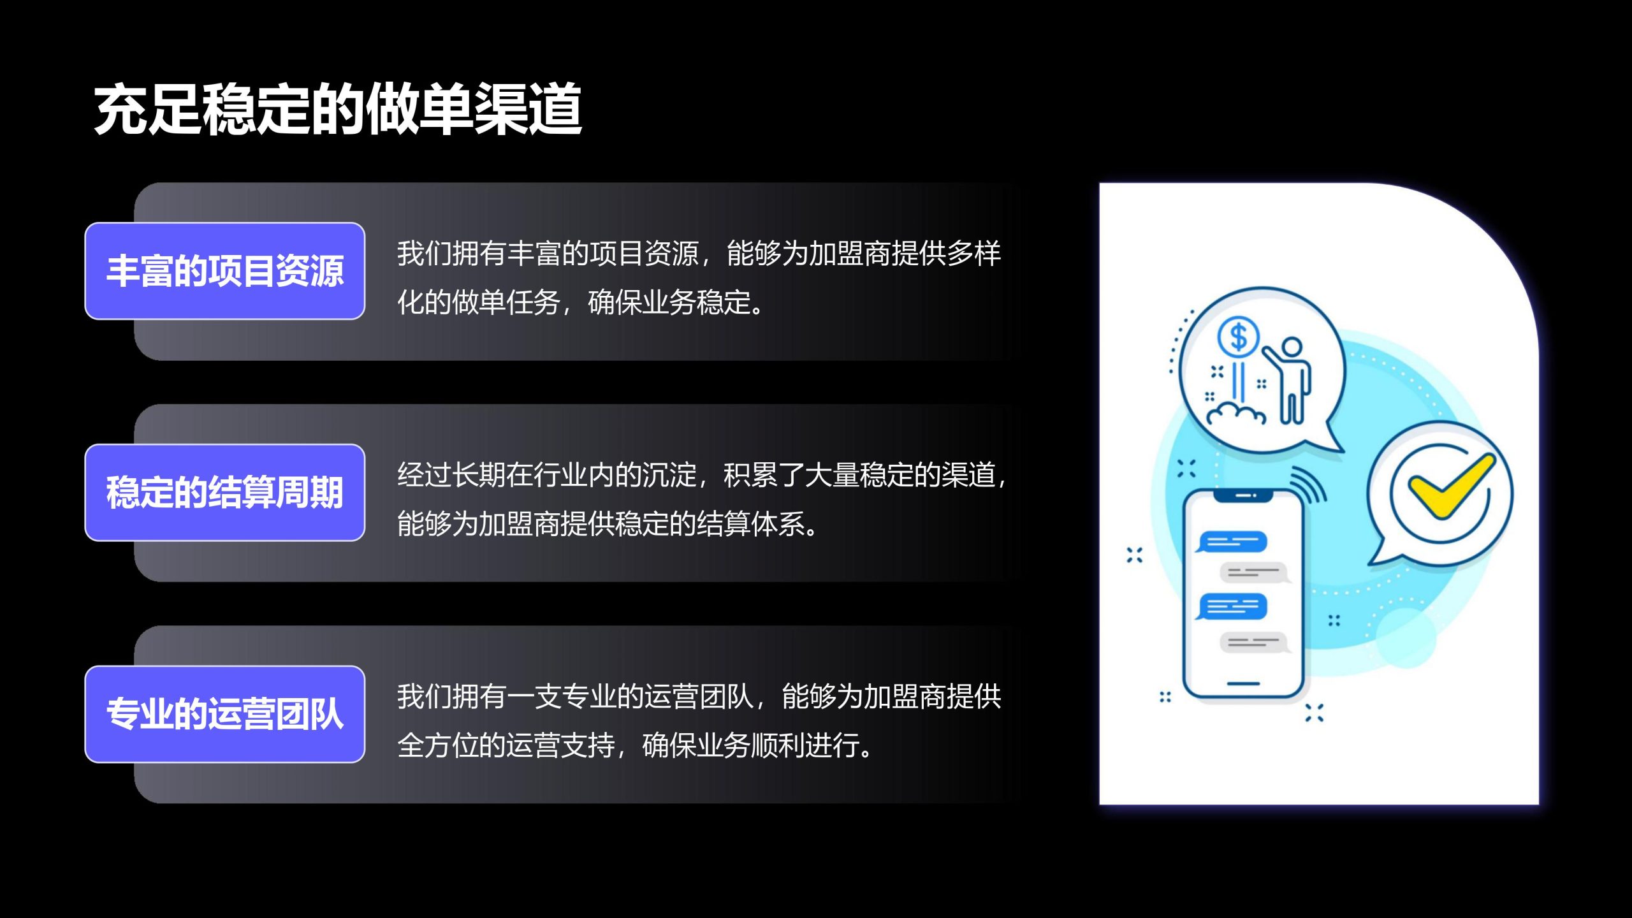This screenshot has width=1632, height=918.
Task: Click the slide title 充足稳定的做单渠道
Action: coord(338,109)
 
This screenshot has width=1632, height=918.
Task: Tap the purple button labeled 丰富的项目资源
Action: coord(225,271)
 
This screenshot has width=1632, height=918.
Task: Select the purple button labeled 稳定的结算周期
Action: coord(225,493)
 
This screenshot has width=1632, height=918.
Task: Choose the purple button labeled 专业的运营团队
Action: coord(225,714)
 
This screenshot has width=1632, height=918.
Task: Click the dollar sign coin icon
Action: coord(1238,337)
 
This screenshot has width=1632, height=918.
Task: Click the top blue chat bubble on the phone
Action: coord(1231,543)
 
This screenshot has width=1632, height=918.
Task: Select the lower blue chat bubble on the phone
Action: coord(1231,606)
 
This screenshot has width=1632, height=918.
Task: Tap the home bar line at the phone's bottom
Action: coord(1243,683)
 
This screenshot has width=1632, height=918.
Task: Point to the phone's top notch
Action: coord(1243,495)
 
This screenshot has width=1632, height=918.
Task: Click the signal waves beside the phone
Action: coord(1309,485)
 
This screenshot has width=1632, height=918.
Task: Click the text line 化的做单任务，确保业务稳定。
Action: coord(580,302)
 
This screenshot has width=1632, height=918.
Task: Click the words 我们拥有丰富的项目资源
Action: coord(548,253)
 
